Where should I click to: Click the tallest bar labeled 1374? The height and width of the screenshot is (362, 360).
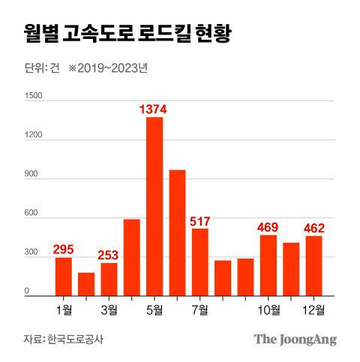point(154,206)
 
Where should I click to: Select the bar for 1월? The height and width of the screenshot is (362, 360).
point(64,276)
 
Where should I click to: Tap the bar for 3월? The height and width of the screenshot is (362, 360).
point(109,279)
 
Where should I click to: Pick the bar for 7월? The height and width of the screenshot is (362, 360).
point(200,262)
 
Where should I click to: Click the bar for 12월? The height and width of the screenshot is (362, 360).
point(313,265)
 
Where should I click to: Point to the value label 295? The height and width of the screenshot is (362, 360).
point(64,250)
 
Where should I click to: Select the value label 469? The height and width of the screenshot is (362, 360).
point(268,227)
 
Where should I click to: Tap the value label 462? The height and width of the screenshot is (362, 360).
point(313,228)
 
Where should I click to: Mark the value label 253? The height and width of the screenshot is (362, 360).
point(109,255)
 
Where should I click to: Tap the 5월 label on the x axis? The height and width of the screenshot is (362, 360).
point(154,308)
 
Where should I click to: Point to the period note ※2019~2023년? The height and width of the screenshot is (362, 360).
point(107,68)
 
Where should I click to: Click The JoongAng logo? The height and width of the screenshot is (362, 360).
point(295,339)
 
